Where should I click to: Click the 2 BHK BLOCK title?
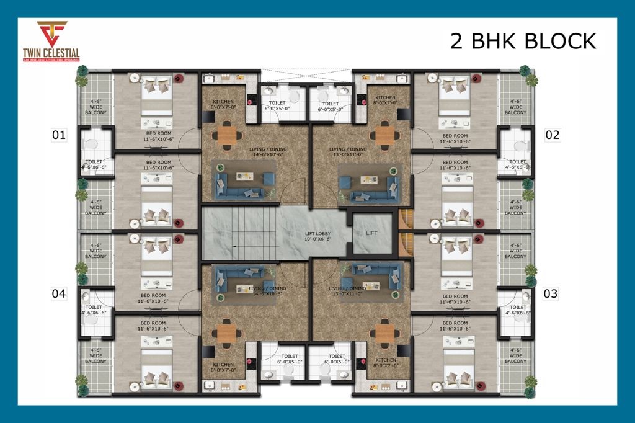(x=522, y=41)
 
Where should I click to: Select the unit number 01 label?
(x=58, y=135)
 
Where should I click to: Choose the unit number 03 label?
(x=551, y=293)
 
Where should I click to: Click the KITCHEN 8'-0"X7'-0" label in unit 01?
(x=222, y=104)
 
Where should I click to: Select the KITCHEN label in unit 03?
(x=385, y=363)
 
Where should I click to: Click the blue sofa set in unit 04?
(x=243, y=278)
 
